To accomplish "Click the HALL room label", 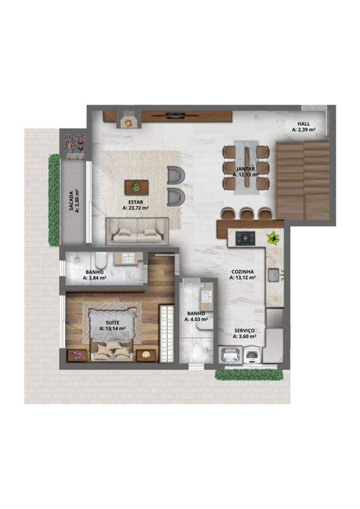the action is pos(304,124).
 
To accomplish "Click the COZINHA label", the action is pos(242,271).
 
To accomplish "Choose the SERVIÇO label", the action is pos(245,331).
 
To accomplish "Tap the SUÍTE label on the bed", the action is pos(113,322).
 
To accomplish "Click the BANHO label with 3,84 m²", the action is pos(94,272).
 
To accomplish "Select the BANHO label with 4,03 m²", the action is pos(196,314).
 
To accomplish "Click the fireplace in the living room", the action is pos(128,119).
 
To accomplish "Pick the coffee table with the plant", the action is pos(137,187).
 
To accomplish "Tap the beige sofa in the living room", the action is pos(137,231).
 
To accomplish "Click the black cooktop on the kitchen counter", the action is pos(245,238).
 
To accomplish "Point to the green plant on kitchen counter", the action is pos(273,238).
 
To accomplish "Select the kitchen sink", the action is pos(274,275).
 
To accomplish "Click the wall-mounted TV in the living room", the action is pos(176,114).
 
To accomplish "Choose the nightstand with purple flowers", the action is pos(77,355).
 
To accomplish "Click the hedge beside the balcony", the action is pos(54,200).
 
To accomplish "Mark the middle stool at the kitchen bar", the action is pos(246,214).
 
